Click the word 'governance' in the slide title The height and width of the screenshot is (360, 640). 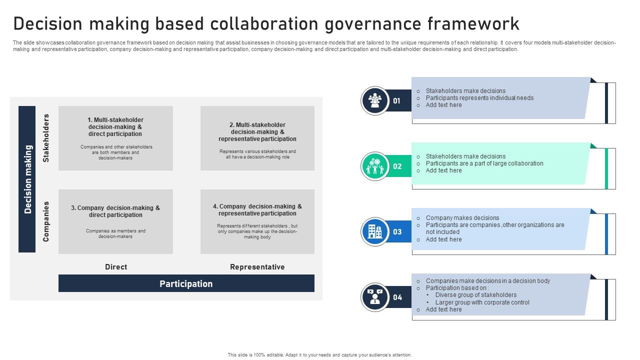(373, 24)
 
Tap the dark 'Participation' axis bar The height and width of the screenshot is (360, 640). (186, 283)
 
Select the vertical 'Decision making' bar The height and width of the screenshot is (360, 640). (27, 179)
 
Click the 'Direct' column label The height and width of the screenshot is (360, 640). (115, 267)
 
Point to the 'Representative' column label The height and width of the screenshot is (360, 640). (257, 267)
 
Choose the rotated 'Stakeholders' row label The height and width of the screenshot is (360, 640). (46, 138)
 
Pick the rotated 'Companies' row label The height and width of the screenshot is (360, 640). (46, 221)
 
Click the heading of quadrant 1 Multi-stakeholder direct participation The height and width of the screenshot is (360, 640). (115, 127)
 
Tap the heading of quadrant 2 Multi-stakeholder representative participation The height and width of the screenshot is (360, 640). (257, 131)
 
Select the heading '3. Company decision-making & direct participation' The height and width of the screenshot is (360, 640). (115, 211)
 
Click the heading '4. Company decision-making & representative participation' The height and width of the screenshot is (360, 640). (257, 209)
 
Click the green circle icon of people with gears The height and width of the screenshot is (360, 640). (375, 166)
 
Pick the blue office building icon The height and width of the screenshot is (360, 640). (375, 231)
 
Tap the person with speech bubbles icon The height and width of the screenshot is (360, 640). (375, 297)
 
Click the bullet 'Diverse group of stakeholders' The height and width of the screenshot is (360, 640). (476, 295)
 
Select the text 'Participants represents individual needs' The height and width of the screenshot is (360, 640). (479, 97)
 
